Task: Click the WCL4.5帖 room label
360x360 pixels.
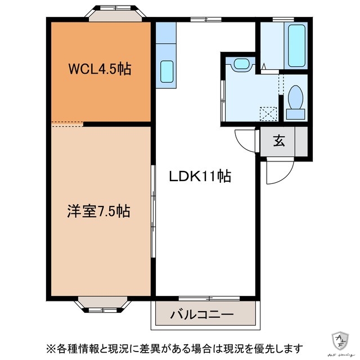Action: coord(100,69)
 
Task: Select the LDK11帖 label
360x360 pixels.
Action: coord(200,176)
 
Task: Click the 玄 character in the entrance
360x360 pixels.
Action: coord(278,141)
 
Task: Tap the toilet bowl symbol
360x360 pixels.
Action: coord(295,100)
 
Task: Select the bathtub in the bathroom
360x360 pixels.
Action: coord(296,44)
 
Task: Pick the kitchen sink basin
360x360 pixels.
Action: coord(166,71)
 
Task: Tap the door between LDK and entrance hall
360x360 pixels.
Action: coord(245,139)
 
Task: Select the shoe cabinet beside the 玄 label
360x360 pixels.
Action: coord(301,141)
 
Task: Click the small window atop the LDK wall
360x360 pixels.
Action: coord(206,20)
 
